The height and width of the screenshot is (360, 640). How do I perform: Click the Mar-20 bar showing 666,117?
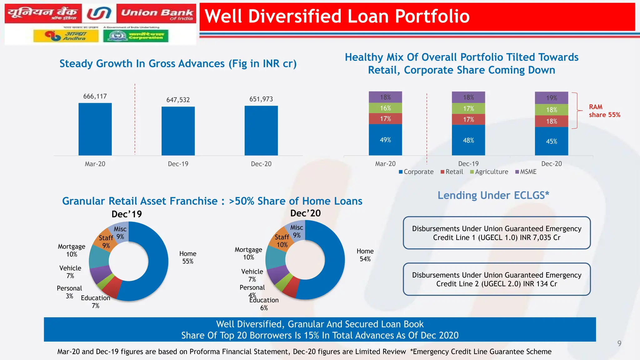tap(95, 129)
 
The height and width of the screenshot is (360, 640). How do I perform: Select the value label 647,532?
tap(178, 100)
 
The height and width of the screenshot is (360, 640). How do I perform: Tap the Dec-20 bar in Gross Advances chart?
tap(261, 131)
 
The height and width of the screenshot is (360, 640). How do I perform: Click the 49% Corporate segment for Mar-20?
tap(385, 140)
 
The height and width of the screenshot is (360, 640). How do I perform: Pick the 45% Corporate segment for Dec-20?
tap(551, 141)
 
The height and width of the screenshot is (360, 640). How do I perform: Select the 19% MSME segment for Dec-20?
tap(551, 98)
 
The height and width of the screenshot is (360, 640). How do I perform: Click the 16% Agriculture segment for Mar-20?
tap(385, 108)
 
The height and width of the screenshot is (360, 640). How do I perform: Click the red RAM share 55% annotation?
tap(604, 111)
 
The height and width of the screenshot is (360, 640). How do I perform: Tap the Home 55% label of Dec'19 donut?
tap(188, 257)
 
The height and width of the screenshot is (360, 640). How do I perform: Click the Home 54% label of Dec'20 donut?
tap(365, 255)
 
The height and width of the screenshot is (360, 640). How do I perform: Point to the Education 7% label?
tap(95, 302)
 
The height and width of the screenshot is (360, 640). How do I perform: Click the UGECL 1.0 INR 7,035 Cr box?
tap(497, 233)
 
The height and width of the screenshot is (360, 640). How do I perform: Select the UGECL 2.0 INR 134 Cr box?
tap(497, 279)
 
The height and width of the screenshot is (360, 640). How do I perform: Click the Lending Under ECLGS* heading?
tap(493, 195)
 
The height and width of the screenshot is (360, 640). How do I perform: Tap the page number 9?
tap(619, 344)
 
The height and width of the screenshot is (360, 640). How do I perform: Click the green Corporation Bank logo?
tap(136, 36)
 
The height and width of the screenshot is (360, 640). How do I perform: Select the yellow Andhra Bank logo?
tap(66, 36)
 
